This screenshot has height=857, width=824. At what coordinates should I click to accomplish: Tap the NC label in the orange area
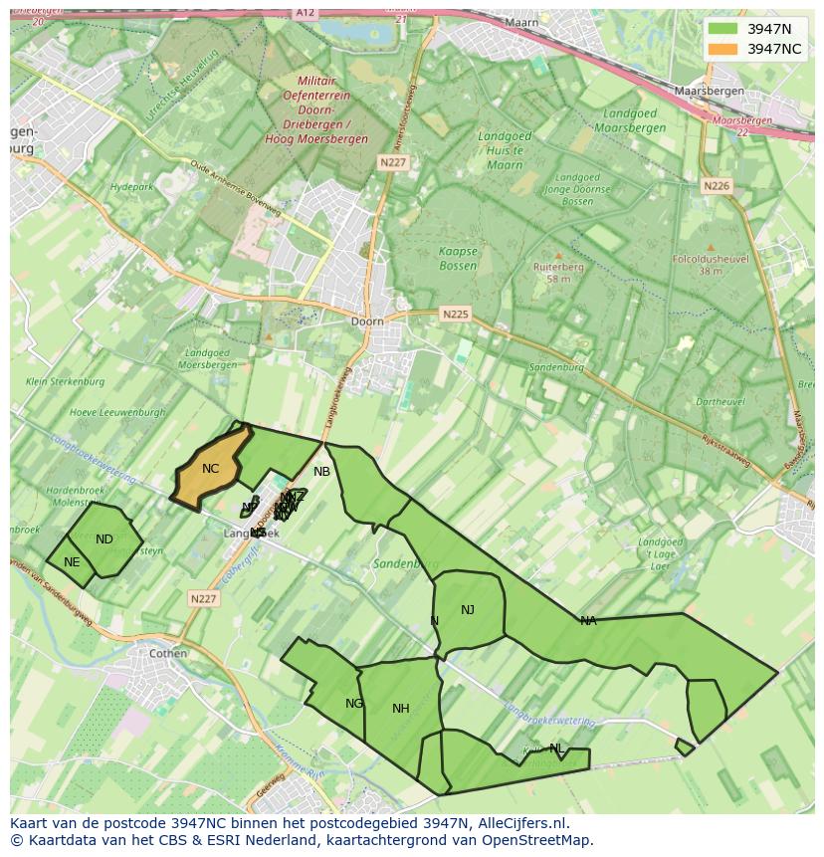[210, 469]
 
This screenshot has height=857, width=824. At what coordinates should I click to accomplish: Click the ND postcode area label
[104, 539]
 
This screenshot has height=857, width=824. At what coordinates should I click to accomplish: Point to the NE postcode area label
[72, 562]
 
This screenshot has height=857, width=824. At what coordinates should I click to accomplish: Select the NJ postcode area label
[468, 610]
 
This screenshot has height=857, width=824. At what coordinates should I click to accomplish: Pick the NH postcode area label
[401, 709]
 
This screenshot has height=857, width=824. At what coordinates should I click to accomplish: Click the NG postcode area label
[354, 704]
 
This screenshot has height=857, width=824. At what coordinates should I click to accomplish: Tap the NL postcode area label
[556, 749]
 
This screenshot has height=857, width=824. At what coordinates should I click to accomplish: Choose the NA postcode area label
[588, 621]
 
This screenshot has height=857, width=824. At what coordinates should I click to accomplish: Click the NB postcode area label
[321, 472]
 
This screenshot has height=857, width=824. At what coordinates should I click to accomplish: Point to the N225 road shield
[455, 315]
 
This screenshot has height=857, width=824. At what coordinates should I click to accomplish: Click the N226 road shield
[716, 186]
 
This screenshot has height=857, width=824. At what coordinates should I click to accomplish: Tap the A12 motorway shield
[305, 12]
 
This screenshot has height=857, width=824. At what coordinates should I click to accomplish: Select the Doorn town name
[367, 321]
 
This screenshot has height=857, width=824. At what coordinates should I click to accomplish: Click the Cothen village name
[167, 654]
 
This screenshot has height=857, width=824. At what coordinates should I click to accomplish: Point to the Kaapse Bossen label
[459, 259]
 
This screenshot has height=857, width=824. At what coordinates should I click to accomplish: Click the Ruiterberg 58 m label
[558, 273]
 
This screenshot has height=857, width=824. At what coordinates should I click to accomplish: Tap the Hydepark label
[131, 187]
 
